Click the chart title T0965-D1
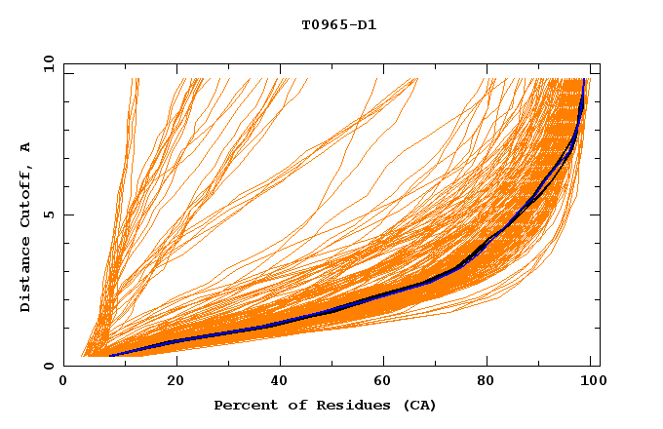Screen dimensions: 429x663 click(338, 24)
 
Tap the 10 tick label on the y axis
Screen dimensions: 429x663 click(45, 63)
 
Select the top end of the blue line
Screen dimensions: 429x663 click(584, 80)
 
